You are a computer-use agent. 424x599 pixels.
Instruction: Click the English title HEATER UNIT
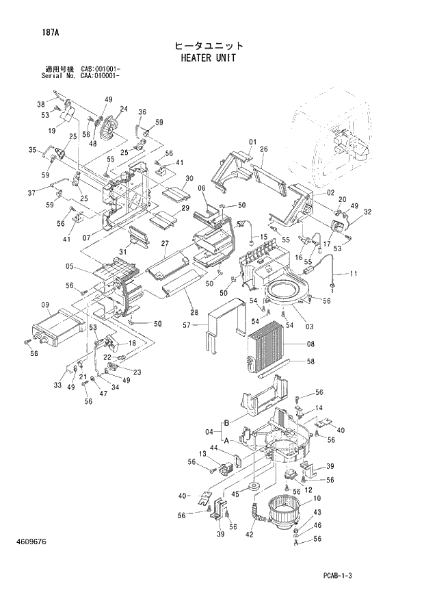pos(208,58)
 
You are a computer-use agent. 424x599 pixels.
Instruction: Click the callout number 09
pos(45,305)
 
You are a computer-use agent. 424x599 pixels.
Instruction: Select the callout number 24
pos(124,109)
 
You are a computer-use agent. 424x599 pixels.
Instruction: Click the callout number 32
pos(368,212)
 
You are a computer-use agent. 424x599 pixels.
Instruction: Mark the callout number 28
pos(195,313)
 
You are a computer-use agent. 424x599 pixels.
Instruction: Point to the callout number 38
pos(41,104)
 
